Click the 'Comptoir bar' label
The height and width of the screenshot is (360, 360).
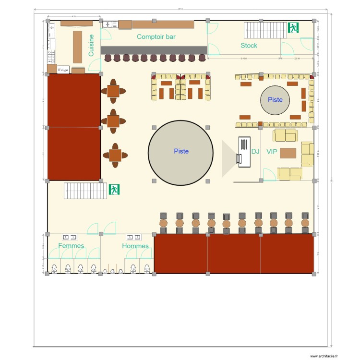pyautogui.click(x=156, y=36)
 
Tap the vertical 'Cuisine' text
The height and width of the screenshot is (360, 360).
pyautogui.click(x=91, y=45)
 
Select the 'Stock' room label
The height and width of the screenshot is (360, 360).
pyautogui.click(x=249, y=46)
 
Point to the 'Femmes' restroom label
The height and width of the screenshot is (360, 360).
pyautogui.click(x=71, y=246)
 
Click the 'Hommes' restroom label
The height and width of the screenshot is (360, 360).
pyautogui.click(x=135, y=246)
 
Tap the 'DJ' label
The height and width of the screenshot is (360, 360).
pyautogui.click(x=255, y=151)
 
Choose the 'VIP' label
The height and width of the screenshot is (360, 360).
pyautogui.click(x=272, y=151)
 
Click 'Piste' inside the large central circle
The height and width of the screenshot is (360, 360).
pyautogui.click(x=181, y=151)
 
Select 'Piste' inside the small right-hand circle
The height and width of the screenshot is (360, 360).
pyautogui.click(x=275, y=100)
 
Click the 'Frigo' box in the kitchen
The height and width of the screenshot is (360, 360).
pyautogui.click(x=63, y=70)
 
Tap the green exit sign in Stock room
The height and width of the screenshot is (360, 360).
pyautogui.click(x=293, y=28)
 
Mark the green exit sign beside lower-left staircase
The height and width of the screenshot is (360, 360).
pyautogui.click(x=114, y=190)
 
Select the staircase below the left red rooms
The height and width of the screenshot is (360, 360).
pyautogui.click(x=85, y=191)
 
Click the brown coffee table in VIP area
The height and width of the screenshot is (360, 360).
pyautogui.click(x=288, y=153)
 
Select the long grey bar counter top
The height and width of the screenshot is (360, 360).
pyautogui.click(x=154, y=50)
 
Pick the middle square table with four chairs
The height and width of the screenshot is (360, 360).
pyautogui.click(x=113, y=121)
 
